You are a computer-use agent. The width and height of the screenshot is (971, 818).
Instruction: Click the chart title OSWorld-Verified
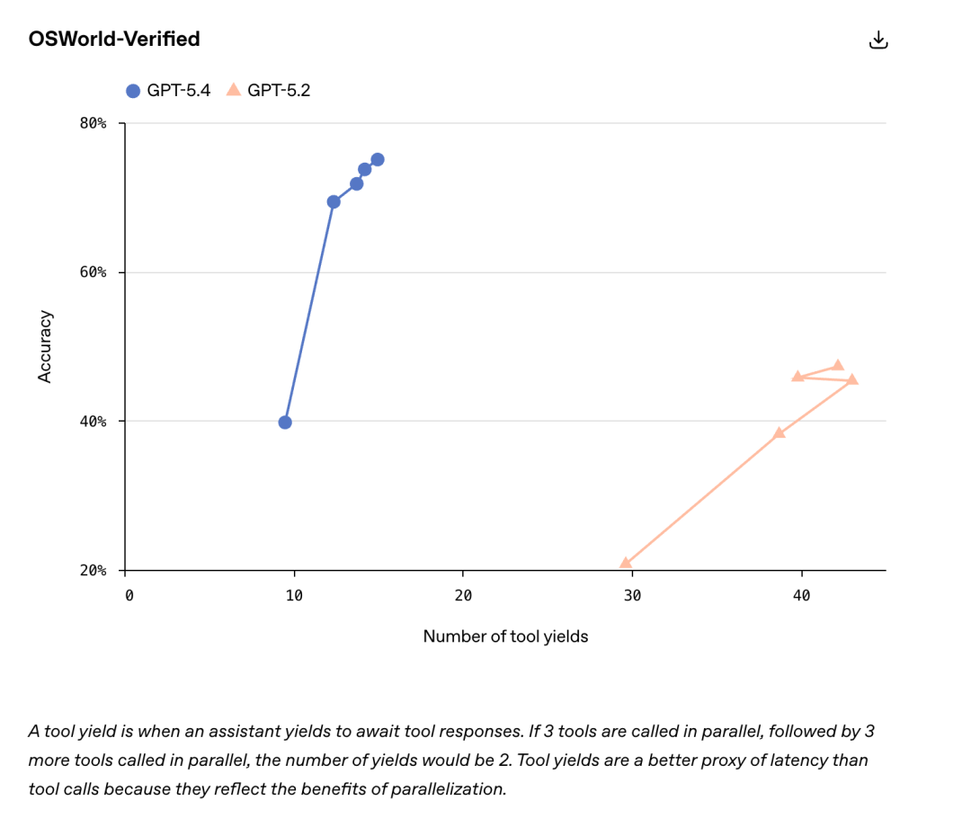pos(114,39)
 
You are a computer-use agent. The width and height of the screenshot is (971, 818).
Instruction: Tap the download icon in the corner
pos(878,40)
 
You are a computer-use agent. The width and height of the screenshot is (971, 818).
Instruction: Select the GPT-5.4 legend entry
pos(168,90)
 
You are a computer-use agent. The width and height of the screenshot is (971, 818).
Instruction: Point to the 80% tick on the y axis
pos(94,123)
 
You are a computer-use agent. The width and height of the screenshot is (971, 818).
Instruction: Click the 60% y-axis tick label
pos(94,272)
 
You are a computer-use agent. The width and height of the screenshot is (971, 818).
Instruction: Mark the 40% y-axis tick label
pos(94,422)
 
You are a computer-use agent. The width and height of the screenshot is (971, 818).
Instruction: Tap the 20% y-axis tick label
pos(94,571)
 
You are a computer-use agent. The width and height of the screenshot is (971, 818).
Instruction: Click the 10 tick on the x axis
pos(294,595)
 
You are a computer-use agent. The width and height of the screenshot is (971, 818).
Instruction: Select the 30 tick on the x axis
pos(632,595)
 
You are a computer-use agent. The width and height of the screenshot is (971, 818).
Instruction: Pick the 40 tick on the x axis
pos(801,595)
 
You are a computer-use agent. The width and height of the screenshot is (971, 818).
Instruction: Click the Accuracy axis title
pos(45,347)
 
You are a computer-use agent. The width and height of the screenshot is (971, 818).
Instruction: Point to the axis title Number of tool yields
pos(505,636)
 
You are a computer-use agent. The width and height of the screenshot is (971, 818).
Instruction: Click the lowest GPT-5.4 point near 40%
pos(285,422)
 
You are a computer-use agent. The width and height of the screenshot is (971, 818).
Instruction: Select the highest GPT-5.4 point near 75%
pos(378,160)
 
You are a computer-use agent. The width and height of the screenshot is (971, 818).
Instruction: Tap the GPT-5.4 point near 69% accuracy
pos(334,202)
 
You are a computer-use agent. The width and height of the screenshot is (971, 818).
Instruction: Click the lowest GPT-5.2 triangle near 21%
pos(626,564)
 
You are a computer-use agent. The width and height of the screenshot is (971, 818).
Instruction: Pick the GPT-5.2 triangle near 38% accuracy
pos(779,433)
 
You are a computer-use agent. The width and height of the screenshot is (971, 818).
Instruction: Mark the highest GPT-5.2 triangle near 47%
pos(838,365)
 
